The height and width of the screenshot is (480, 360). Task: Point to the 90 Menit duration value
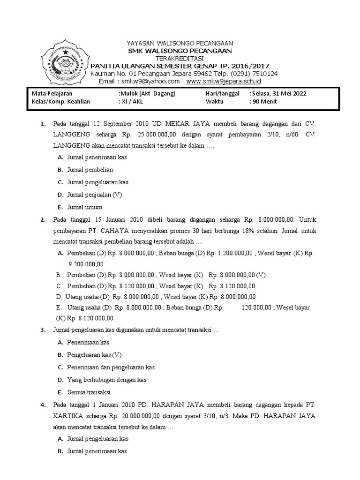(x=265, y=101)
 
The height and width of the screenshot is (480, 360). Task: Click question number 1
(x=43, y=124)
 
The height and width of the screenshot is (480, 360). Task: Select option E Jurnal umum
(x=85, y=207)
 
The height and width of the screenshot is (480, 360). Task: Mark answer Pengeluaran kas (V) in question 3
(x=94, y=355)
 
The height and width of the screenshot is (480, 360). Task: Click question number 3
(x=43, y=330)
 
